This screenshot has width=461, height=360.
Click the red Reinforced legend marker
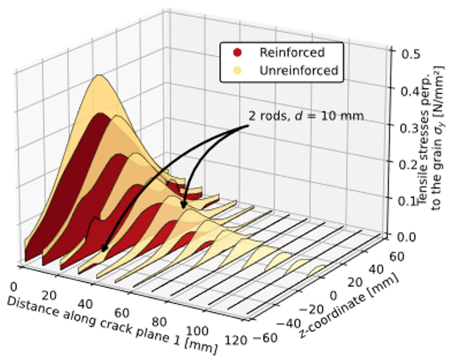pyautogui.click(x=237, y=53)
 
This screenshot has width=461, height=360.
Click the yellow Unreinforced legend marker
pyautogui.click(x=237, y=71)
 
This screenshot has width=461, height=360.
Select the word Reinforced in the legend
pyautogui.click(x=291, y=53)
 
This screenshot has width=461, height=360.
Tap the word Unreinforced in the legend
pyautogui.click(x=298, y=71)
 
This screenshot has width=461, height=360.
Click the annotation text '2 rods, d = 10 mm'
pyautogui.click(x=306, y=116)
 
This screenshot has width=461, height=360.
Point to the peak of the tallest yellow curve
pyautogui.click(x=99, y=75)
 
